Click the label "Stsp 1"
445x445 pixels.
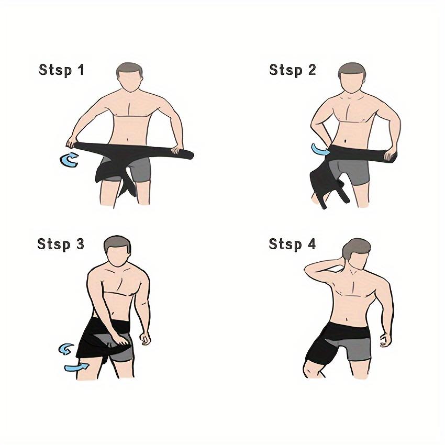click(61, 70)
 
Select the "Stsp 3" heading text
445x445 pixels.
click(61, 244)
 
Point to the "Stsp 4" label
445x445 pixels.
click(293, 244)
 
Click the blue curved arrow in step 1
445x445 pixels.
click(69, 160)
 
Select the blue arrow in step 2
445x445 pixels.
click(319, 150)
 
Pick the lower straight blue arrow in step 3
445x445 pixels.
click(75, 368)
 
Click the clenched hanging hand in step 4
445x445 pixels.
click(386, 339)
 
